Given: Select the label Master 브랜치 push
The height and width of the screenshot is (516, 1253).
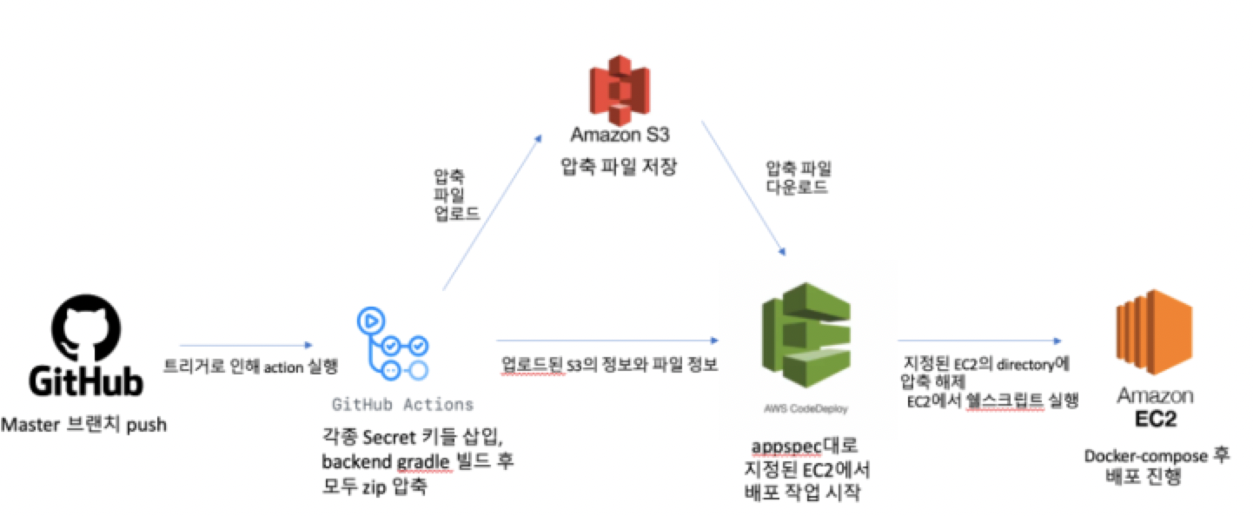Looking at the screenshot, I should (x=84, y=426).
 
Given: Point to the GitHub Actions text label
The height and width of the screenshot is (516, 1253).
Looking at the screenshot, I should (x=403, y=405).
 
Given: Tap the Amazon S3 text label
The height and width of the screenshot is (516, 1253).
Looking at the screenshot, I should (x=617, y=135).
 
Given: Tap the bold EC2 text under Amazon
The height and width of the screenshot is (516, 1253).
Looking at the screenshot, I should (x=1155, y=420).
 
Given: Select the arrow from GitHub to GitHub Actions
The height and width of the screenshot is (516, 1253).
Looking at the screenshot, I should (x=246, y=345).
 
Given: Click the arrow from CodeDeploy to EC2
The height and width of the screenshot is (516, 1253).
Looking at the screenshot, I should (x=980, y=341).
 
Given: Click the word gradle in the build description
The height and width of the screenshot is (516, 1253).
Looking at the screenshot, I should (x=421, y=461).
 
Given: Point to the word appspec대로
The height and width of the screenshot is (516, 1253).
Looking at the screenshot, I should (x=804, y=447).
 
